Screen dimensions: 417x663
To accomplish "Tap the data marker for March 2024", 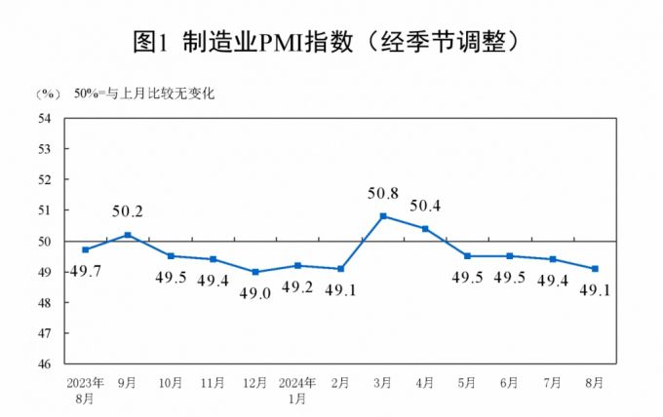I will point(383,215).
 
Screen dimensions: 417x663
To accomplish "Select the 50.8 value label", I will point(383,194).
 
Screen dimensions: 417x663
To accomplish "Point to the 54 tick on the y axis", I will point(44,119).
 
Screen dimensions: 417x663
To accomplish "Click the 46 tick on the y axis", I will point(44,363).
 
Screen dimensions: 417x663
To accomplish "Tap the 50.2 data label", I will point(128,212).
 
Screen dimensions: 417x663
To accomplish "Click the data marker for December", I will point(255,272).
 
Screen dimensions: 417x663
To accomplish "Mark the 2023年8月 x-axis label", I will point(86,392).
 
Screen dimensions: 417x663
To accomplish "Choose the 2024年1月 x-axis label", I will point(298,392).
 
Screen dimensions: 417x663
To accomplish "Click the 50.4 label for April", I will point(425,206).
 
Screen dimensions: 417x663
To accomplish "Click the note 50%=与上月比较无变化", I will point(143,94).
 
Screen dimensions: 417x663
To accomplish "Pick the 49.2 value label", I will point(297,287).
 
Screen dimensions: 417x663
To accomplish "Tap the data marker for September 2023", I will point(128,235).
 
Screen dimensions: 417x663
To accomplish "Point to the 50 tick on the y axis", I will point(44,241).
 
